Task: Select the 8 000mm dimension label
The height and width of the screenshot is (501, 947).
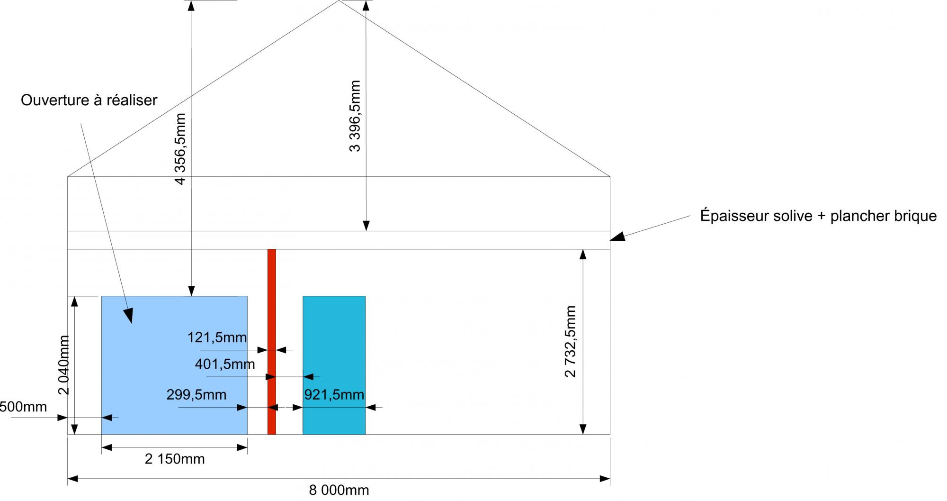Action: pyautogui.click(x=339, y=490)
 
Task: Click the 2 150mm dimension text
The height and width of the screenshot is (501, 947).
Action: pyautogui.click(x=175, y=459)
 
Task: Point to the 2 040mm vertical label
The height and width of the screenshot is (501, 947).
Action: pyautogui.click(x=64, y=365)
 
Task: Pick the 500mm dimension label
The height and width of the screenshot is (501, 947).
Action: pyautogui.click(x=23, y=407)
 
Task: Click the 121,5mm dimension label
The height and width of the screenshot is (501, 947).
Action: pyautogui.click(x=217, y=337)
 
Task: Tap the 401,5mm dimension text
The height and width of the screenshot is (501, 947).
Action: pyautogui.click(x=225, y=364)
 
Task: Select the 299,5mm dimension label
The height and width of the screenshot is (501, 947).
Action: pyautogui.click(x=197, y=394)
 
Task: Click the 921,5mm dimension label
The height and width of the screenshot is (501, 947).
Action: pyautogui.click(x=334, y=394)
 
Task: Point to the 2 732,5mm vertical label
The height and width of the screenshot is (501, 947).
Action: pyautogui.click(x=571, y=341)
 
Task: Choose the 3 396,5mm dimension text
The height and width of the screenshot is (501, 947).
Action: pyautogui.click(x=355, y=116)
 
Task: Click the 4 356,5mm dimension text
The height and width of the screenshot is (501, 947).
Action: pyautogui.click(x=180, y=148)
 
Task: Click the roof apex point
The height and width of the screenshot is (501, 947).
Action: pyautogui.click(x=339, y=1)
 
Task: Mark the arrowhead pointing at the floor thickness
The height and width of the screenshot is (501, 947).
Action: pyautogui.click(x=617, y=237)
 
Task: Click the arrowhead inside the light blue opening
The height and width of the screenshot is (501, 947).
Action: pyautogui.click(x=128, y=315)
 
